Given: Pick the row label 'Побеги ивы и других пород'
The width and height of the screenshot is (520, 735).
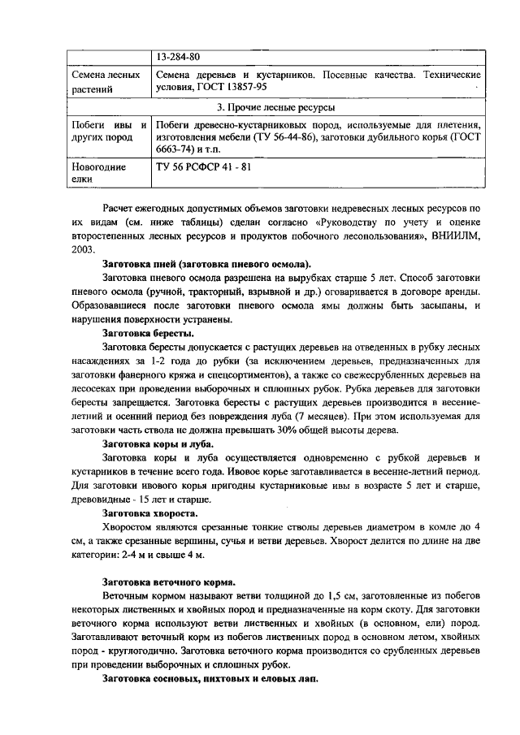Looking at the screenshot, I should [x=107, y=132].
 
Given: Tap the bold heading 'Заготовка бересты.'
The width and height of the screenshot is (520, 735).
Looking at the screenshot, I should [x=148, y=332].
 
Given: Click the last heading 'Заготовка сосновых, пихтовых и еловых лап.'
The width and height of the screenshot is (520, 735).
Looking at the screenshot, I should [x=210, y=679].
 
